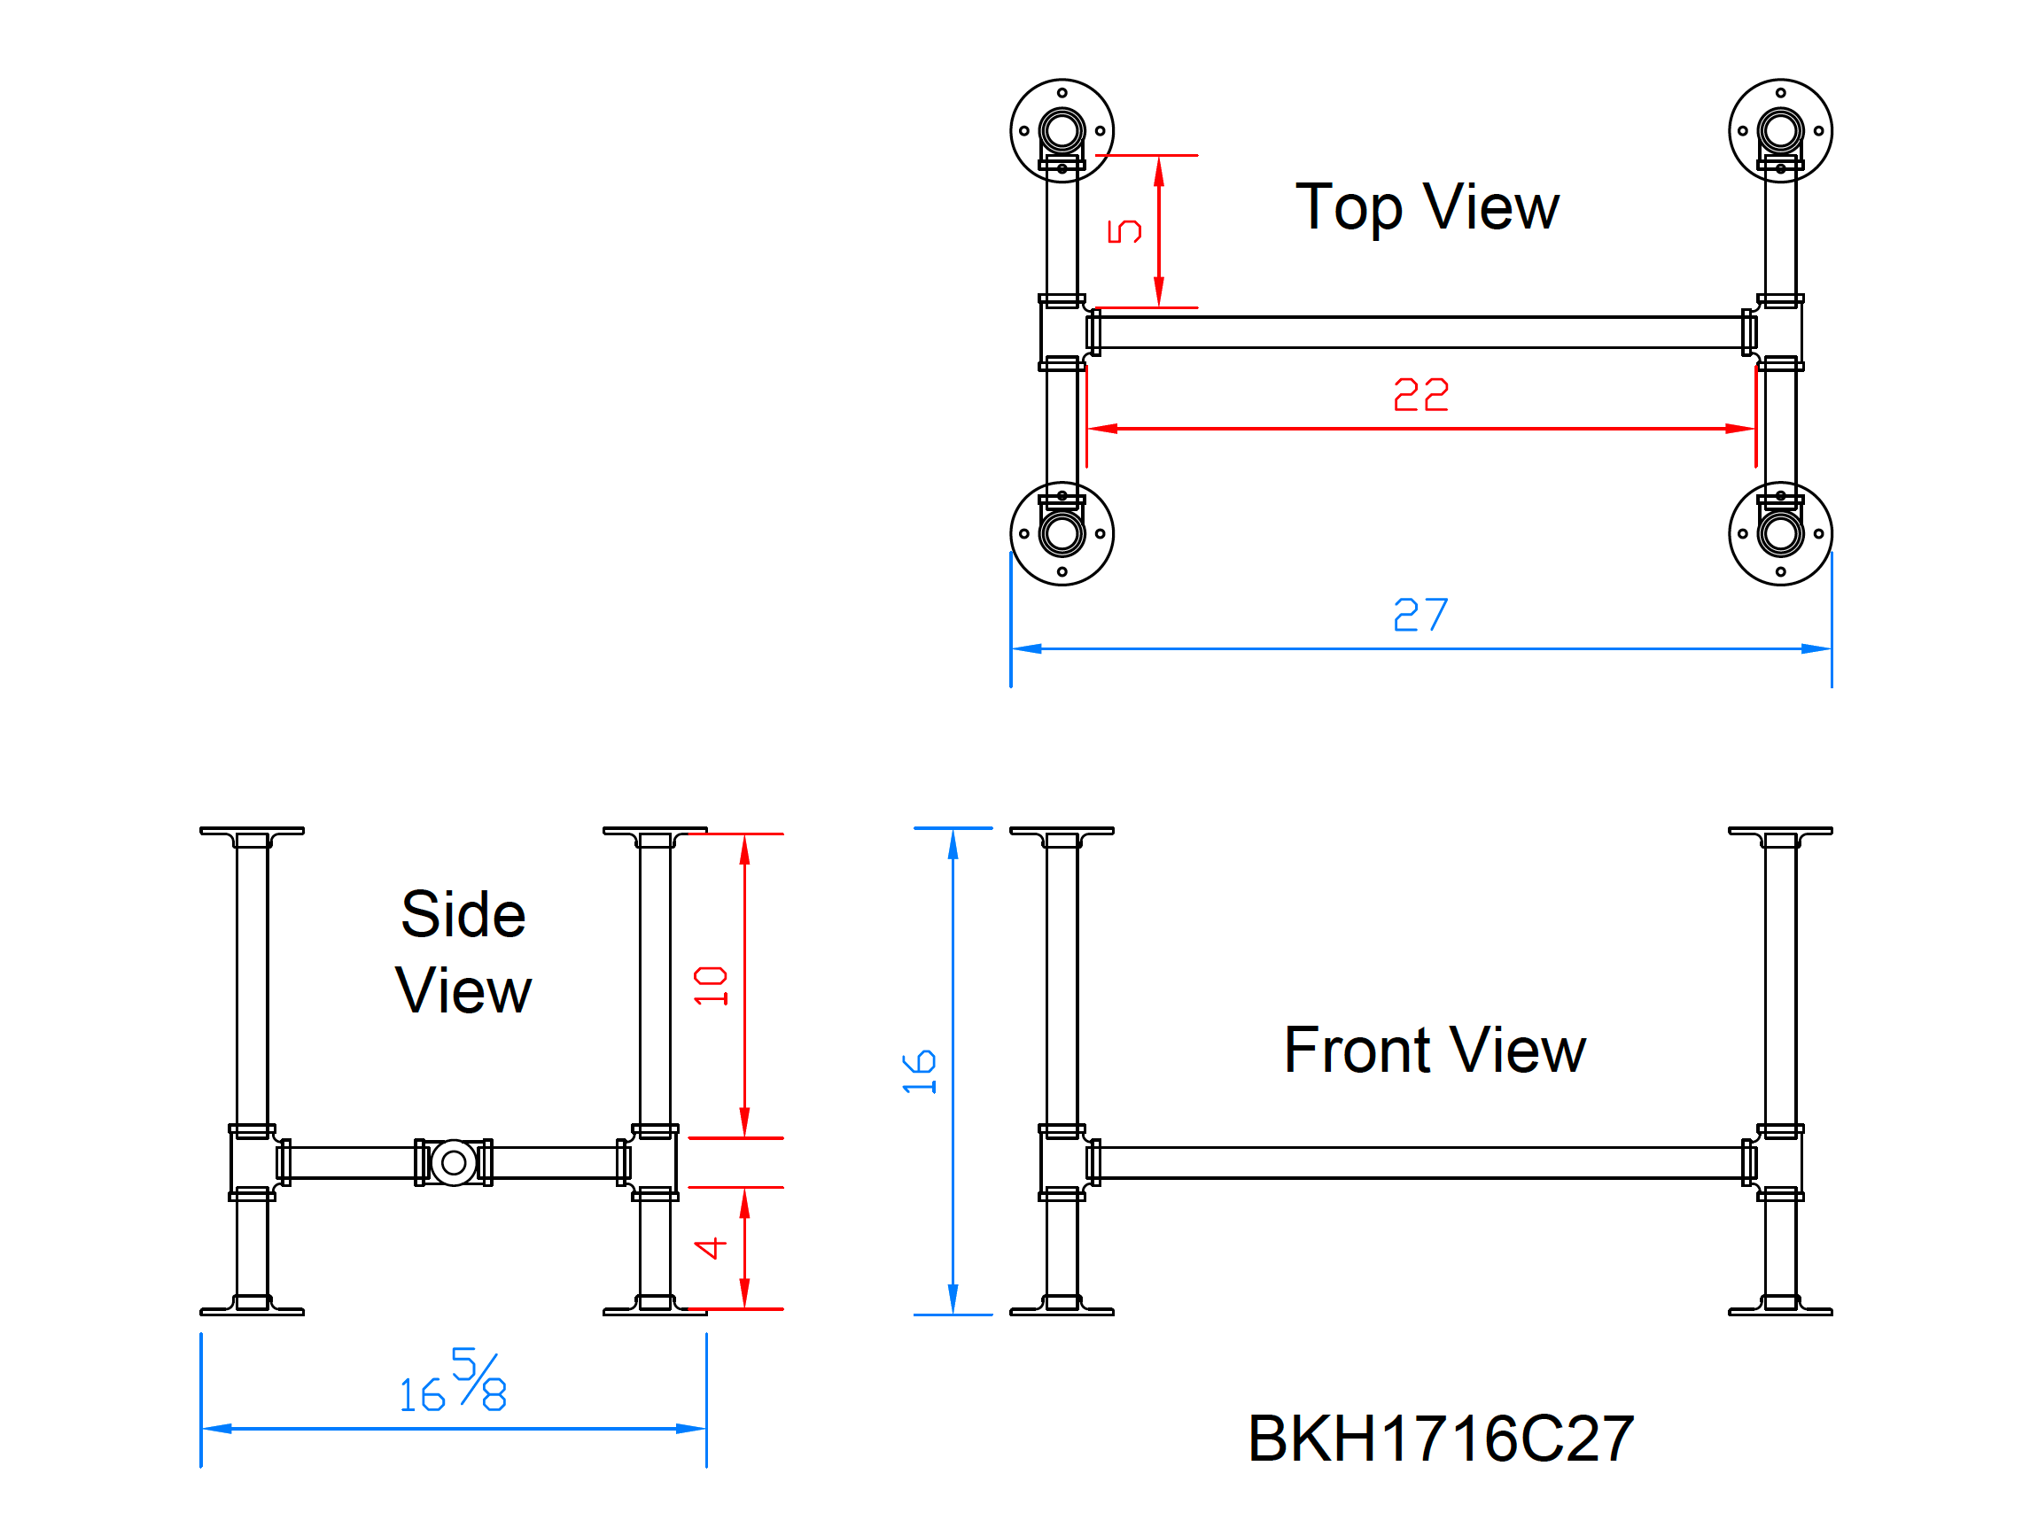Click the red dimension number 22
click(1420, 395)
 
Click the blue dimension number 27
click(1420, 615)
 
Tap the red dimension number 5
click(1124, 231)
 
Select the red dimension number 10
click(712, 987)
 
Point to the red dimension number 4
click(711, 1248)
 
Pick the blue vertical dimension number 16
click(919, 1072)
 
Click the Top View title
click(1427, 206)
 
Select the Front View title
click(1434, 1050)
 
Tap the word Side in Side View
click(463, 915)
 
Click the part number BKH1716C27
click(1440, 1439)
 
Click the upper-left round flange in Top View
click(1062, 131)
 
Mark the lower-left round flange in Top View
click(1062, 533)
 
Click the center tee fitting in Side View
click(454, 1162)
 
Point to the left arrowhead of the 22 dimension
click(1102, 428)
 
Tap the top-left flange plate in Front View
click(1062, 832)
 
